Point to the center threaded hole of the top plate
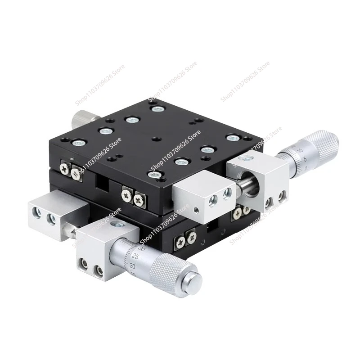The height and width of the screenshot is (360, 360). [x=155, y=139]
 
